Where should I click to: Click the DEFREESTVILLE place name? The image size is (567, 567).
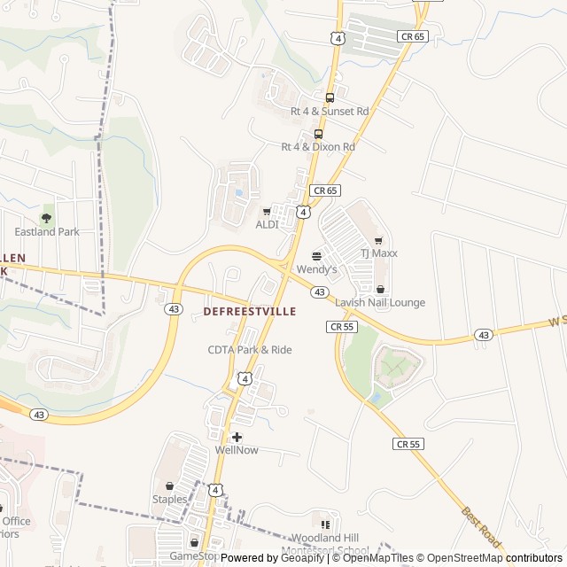pyautogui.click(x=250, y=312)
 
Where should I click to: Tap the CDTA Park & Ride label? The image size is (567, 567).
pyautogui.click(x=250, y=350)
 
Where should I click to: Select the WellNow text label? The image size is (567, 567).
pyautogui.click(x=237, y=450)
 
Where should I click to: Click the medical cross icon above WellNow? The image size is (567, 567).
pyautogui.click(x=237, y=437)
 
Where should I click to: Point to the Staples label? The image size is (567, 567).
pyautogui.click(x=169, y=499)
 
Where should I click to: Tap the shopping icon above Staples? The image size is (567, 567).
pyautogui.click(x=169, y=485)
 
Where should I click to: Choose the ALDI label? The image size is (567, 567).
pyautogui.click(x=267, y=224)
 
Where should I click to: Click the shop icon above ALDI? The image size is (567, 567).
pyautogui.click(x=267, y=211)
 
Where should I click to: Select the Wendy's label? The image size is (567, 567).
pyautogui.click(x=317, y=268)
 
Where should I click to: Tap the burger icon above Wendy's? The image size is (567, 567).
pyautogui.click(x=317, y=255)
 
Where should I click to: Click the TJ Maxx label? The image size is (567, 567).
pyautogui.click(x=378, y=253)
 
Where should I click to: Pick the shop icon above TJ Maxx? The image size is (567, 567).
pyautogui.click(x=378, y=240)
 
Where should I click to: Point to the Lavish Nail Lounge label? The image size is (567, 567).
pyautogui.click(x=380, y=302)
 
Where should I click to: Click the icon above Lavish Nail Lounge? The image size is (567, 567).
pyautogui.click(x=380, y=289)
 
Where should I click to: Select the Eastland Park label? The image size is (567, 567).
pyautogui.click(x=47, y=231)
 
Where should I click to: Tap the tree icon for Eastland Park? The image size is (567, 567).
pyautogui.click(x=47, y=218)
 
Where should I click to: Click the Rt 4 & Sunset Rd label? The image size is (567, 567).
pyautogui.click(x=330, y=112)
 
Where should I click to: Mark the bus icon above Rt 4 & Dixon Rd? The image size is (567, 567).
pyautogui.click(x=318, y=134)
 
